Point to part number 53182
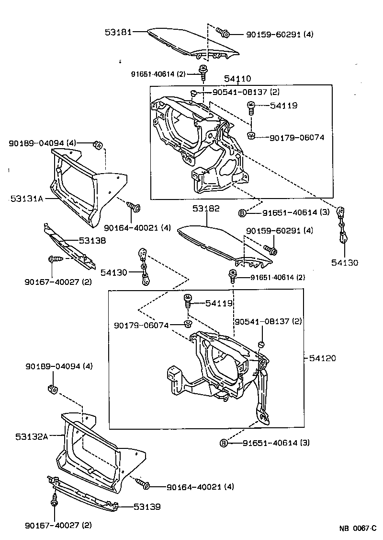pyautogui.click(x=206, y=209)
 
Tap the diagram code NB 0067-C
pyautogui.click(x=358, y=528)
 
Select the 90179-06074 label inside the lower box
pyautogui.click(x=141, y=325)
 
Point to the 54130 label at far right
pyautogui.click(x=345, y=262)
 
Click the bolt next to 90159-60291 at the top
pyautogui.click(x=224, y=33)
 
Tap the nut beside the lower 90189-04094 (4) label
pyautogui.click(x=53, y=388)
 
